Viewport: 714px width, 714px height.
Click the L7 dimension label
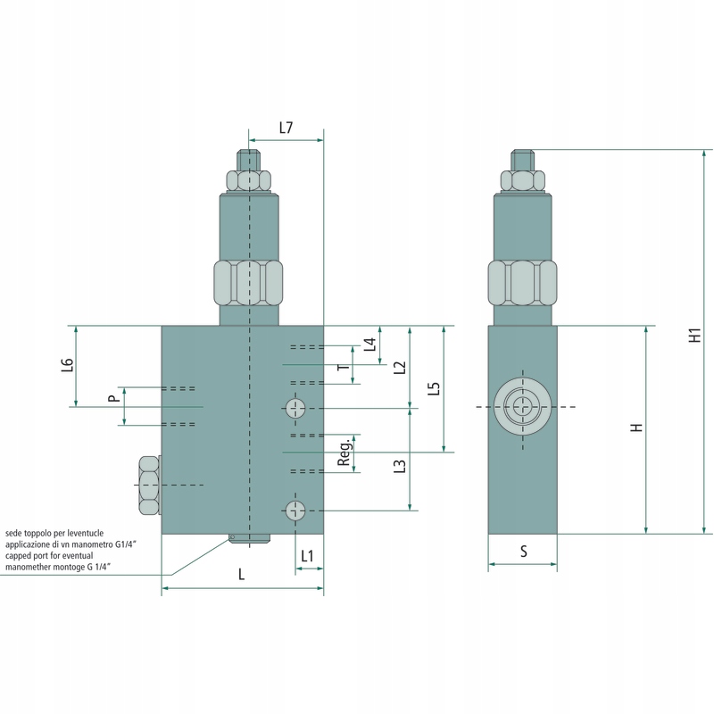286,128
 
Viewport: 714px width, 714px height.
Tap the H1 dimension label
695,336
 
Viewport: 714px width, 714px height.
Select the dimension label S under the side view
524,552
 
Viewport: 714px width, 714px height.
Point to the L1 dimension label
307,556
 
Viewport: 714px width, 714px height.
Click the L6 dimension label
68,365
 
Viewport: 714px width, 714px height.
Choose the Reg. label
345,452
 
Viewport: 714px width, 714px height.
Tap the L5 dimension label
435,388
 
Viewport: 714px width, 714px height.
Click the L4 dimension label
370,345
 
